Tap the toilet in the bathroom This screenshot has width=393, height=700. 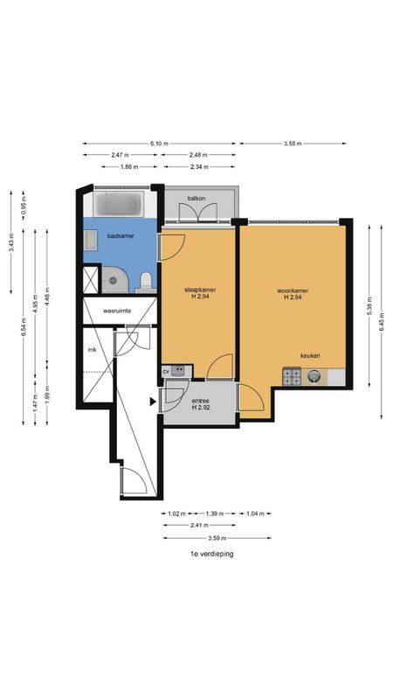pyautogui.click(x=146, y=281)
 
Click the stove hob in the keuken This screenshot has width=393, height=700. pyautogui.click(x=292, y=377)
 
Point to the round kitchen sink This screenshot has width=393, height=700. pyautogui.click(x=314, y=377)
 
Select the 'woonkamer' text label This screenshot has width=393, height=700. pyautogui.click(x=293, y=290)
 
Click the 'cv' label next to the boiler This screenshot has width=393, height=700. pyautogui.click(x=166, y=372)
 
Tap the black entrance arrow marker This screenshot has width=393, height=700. pyautogui.click(x=152, y=402)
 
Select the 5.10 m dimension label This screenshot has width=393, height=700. pyautogui.click(x=160, y=143)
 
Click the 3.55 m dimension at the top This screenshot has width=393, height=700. pyautogui.click(x=294, y=143)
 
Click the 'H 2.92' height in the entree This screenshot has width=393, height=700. pyautogui.click(x=202, y=408)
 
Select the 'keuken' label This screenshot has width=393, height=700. pyautogui.click(x=310, y=356)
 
